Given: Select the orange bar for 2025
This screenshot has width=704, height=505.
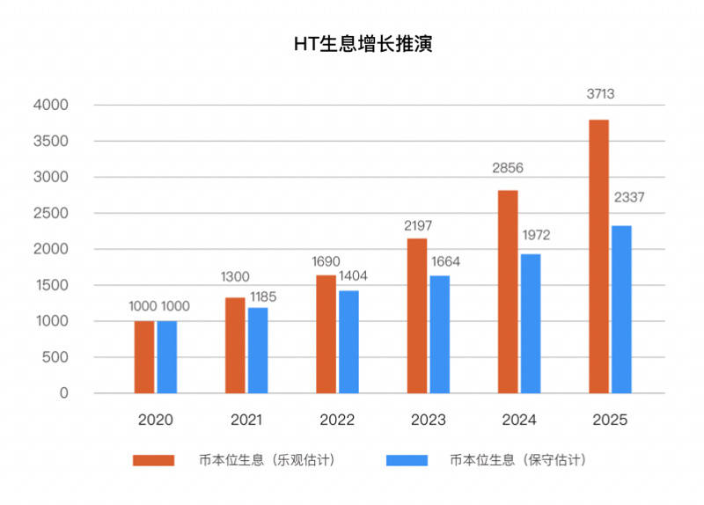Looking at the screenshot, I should [x=599, y=256].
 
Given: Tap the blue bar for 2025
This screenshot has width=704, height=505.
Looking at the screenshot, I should [x=621, y=310].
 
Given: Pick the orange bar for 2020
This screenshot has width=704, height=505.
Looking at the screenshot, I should [x=144, y=357].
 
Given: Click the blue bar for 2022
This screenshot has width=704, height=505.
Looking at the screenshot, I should [x=348, y=341].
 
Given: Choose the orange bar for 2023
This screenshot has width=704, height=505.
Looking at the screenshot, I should [x=417, y=316].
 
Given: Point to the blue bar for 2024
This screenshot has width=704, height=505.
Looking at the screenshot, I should [x=531, y=324].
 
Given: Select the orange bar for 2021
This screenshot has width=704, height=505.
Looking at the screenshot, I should [x=235, y=345].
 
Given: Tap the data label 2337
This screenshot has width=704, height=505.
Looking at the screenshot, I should [x=628, y=197].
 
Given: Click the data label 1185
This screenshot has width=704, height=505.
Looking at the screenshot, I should [x=261, y=296].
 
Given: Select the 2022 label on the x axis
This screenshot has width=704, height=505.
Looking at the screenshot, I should [x=337, y=420].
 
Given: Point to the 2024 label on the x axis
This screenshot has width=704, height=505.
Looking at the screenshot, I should [x=519, y=420].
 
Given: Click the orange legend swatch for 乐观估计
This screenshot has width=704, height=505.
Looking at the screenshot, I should [x=150, y=460].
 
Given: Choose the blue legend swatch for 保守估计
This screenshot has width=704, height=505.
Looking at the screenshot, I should [x=407, y=460].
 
